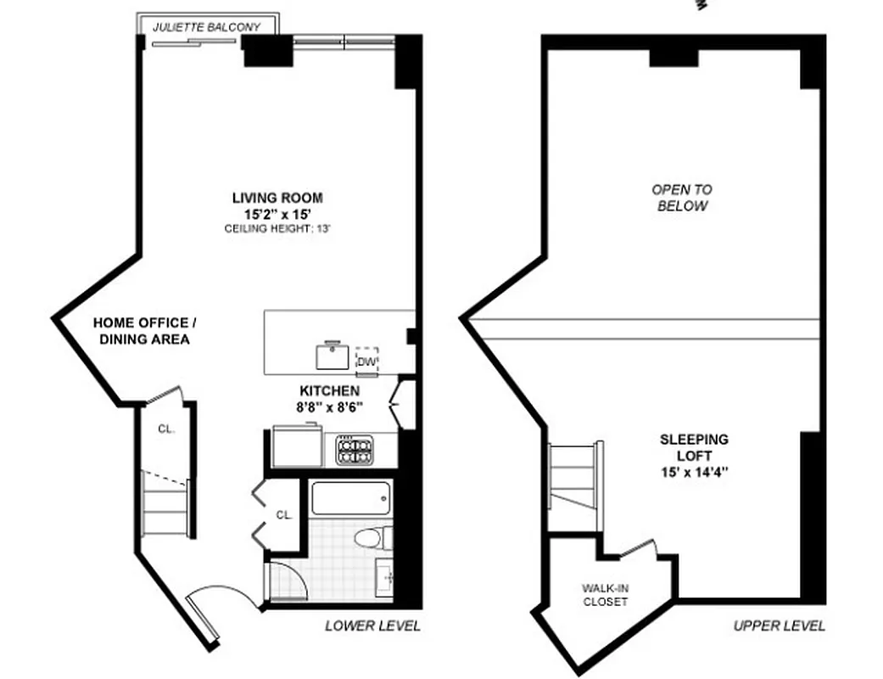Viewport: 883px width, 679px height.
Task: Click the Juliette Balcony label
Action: coord(206,27)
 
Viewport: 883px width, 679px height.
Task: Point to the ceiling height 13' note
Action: coord(277,229)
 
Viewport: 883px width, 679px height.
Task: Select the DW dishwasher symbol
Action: coord(366,361)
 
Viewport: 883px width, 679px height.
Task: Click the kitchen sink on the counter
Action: coord(333,355)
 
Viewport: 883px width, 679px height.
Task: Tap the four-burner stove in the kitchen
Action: coord(355,450)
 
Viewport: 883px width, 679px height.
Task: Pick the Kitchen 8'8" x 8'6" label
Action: coord(329,398)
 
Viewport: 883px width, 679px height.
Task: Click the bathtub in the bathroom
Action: coord(350,498)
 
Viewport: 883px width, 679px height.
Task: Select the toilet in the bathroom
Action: coord(372,538)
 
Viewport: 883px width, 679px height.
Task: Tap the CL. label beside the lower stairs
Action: coord(166,429)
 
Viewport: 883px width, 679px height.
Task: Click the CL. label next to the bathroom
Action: coord(283,514)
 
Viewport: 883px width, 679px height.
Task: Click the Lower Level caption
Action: coord(372,626)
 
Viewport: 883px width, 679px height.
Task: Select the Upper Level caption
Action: coord(779,626)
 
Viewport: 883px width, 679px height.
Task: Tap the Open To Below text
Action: coord(681,198)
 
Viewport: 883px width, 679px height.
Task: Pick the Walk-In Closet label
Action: coord(605,595)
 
